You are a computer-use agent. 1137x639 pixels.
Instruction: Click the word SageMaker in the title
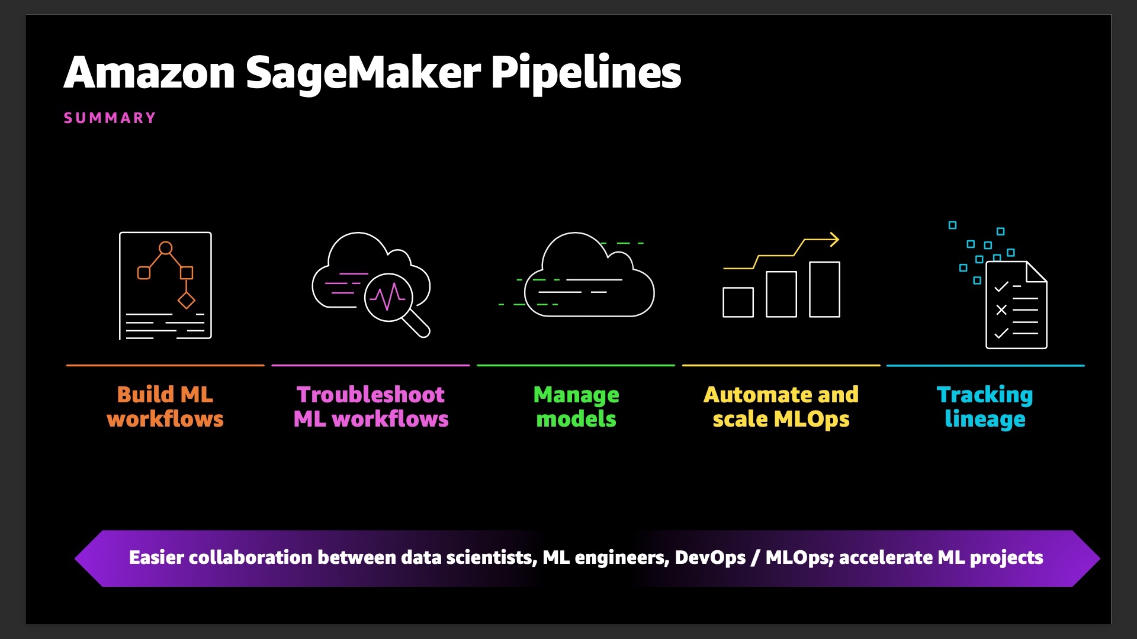tap(363, 73)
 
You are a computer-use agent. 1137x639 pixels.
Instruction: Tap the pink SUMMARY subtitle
tap(110, 118)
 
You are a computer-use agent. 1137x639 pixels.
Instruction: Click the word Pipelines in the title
tap(586, 73)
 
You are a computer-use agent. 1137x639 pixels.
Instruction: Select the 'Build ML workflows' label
tap(165, 406)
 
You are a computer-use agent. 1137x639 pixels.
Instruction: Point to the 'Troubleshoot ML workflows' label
tap(371, 406)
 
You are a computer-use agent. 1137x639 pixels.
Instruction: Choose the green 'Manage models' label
tap(576, 406)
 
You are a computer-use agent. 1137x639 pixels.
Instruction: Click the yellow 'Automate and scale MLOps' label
tap(781, 406)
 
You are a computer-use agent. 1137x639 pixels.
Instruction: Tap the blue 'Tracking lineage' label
tap(985, 406)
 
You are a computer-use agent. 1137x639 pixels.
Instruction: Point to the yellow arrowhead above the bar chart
tap(834, 240)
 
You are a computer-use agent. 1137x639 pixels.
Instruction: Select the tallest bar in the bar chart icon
tap(824, 289)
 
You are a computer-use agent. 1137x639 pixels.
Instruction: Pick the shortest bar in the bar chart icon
tap(738, 302)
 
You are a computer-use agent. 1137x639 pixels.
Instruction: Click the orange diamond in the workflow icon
tap(187, 301)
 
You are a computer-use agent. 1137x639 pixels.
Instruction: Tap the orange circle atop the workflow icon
tap(166, 248)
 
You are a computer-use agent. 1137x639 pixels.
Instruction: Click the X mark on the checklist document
tap(1001, 309)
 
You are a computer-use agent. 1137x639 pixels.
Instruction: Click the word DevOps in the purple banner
tap(710, 557)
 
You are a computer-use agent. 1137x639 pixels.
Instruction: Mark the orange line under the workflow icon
tap(165, 366)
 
